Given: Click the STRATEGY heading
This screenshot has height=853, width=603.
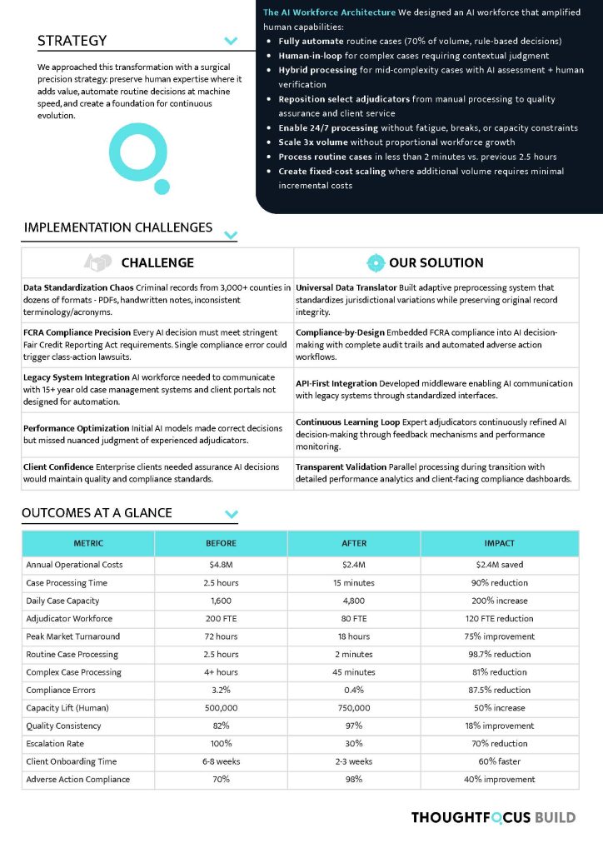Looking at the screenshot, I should (72, 41).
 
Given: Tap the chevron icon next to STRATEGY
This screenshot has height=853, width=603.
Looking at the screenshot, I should (232, 41).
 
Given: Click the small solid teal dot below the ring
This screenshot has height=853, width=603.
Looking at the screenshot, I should (162, 187).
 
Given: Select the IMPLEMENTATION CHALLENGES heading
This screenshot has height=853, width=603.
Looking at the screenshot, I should (118, 227).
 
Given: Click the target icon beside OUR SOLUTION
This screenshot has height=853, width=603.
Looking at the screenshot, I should (376, 262).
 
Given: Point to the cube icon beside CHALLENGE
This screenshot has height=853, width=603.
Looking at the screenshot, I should (99, 262).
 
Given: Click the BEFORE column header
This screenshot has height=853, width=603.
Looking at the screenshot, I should (221, 543).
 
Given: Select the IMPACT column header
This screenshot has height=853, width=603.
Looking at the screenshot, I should (499, 543).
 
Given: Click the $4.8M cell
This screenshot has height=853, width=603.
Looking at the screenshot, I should (221, 565).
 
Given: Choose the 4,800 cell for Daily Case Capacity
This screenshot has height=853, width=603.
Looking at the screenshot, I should (354, 601).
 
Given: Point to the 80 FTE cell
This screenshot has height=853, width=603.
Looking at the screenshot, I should (354, 619).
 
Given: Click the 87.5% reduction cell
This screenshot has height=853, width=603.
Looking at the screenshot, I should (499, 690).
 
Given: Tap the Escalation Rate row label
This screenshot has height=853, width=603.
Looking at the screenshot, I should (55, 744).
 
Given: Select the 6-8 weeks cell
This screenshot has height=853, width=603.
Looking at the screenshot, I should (221, 761).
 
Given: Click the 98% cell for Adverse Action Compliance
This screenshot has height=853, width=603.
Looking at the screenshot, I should (354, 780).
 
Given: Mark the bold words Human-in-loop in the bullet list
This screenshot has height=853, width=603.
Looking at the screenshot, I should (311, 56).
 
